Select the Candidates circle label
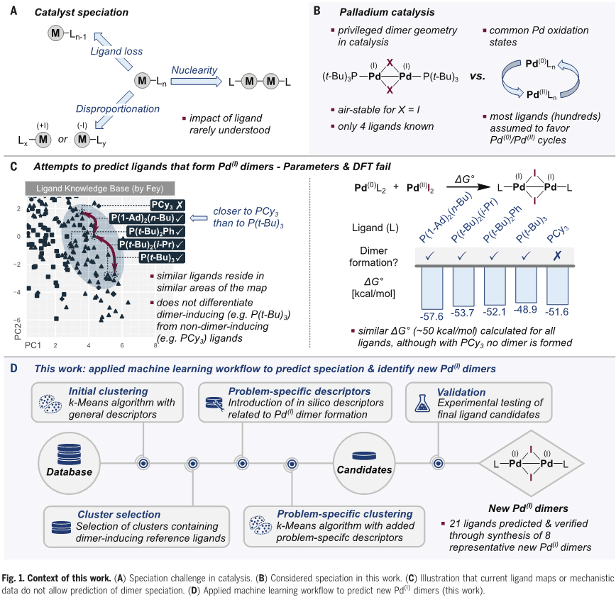click(363, 469)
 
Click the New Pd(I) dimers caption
click(523, 508)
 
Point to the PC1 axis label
click(34, 345)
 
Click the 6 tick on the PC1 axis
click(121, 345)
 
